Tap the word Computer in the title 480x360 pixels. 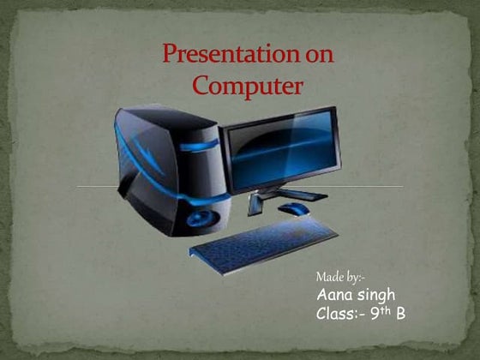(248, 87)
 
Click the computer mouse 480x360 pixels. (293, 208)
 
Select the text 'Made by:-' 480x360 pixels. (339, 279)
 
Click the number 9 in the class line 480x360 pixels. (375, 314)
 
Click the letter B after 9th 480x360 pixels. (399, 314)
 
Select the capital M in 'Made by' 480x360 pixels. (321, 279)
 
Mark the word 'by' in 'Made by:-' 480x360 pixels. (351, 279)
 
